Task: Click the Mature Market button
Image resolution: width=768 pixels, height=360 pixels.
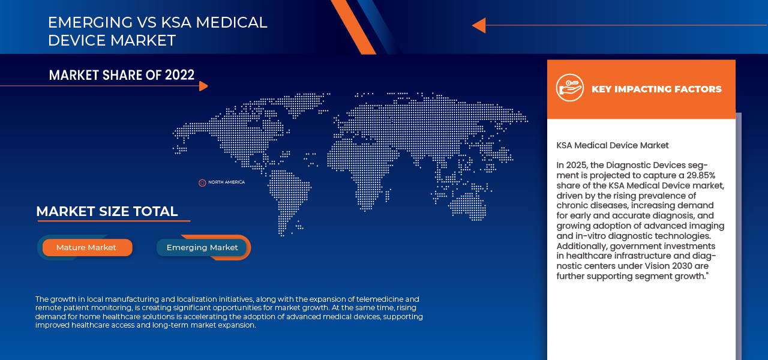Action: (87, 247)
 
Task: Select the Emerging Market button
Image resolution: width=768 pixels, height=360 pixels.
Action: (202, 247)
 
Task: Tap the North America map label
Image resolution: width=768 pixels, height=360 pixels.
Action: (226, 182)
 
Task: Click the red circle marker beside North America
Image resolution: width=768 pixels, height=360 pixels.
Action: (202, 182)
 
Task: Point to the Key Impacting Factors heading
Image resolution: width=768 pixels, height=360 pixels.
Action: (656, 89)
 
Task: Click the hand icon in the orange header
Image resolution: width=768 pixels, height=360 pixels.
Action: (569, 88)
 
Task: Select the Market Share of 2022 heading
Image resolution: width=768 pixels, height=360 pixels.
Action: (122, 75)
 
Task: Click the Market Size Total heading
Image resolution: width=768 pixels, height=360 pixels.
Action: (107, 211)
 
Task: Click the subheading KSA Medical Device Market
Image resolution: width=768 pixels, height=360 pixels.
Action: (612, 145)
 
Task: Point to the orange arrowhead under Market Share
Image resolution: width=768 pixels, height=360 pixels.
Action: (203, 86)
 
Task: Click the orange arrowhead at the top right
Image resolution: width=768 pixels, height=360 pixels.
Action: (478, 25)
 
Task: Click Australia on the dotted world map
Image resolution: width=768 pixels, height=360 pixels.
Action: (467, 204)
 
